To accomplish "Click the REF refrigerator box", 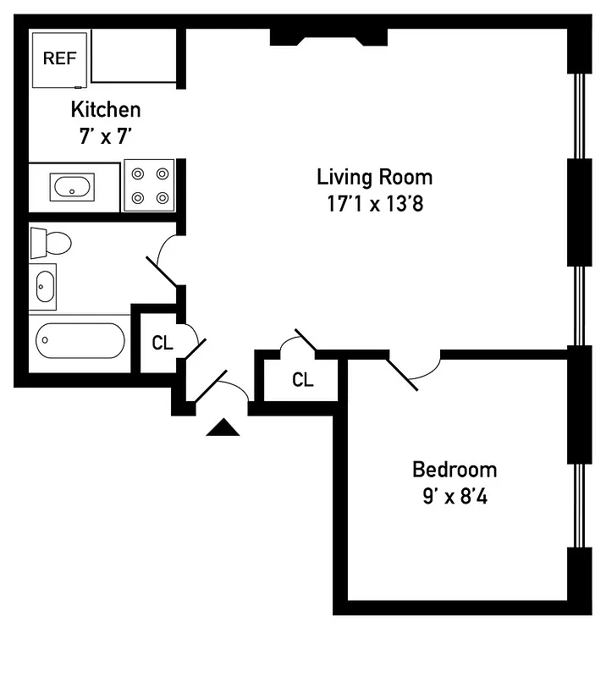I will pyautogui.click(x=59, y=58).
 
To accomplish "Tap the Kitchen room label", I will pyautogui.click(x=105, y=109).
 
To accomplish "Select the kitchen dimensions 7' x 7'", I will pyautogui.click(x=105, y=135).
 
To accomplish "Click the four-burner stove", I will pyautogui.click(x=149, y=185).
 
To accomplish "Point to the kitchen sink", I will pyautogui.click(x=73, y=186).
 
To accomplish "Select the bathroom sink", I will pyautogui.click(x=43, y=286).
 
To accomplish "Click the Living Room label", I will pyautogui.click(x=374, y=177).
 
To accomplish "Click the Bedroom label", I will pyautogui.click(x=454, y=469).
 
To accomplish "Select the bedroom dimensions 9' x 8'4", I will pyautogui.click(x=454, y=495).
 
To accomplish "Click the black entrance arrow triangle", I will pyautogui.click(x=223, y=428).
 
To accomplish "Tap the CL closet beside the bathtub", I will pyautogui.click(x=163, y=344).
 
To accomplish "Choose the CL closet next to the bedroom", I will pyautogui.click(x=302, y=380).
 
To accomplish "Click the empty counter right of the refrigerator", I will pyautogui.click(x=132, y=56).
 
